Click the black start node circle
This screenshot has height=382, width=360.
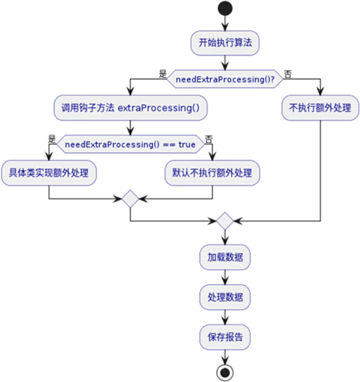[225, 9]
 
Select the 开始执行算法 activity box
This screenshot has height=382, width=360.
[225, 43]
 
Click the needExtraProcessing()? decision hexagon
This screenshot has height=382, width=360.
[225, 79]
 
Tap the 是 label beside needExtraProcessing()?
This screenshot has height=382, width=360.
[163, 74]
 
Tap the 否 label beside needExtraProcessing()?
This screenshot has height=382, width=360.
[288, 74]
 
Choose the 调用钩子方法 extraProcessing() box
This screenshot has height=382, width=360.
[130, 107]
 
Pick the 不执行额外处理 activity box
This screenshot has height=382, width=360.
[320, 107]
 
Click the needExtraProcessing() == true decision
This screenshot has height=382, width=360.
[130, 144]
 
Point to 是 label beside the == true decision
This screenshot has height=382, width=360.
[52, 139]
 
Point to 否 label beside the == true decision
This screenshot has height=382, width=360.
[209, 139]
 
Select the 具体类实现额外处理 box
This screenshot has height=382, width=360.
[49, 173]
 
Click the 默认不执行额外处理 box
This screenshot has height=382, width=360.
[212, 173]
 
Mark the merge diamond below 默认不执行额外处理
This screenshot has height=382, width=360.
[130, 199]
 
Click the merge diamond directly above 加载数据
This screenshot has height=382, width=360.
[225, 221]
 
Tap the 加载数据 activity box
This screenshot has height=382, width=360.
[225, 257]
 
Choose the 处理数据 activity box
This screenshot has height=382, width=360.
[225, 297]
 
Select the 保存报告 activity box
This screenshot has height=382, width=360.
[225, 337]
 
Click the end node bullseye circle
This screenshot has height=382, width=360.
[225, 373]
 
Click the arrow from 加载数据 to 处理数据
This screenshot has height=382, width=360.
[225, 277]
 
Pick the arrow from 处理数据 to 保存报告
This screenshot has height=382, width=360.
[225, 317]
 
